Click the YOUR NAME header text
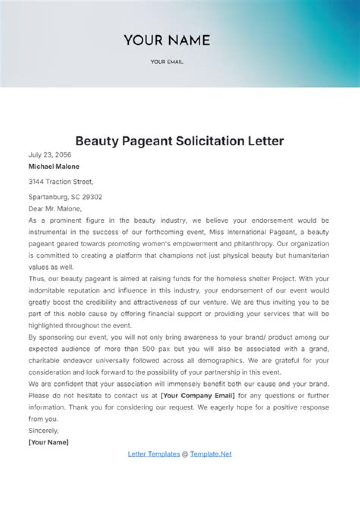[x=167, y=40]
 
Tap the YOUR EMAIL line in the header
[x=167, y=62]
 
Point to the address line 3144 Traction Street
[x=61, y=182]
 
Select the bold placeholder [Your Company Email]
[x=198, y=395]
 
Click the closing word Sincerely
[x=44, y=430]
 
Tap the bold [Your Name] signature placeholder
[x=49, y=442]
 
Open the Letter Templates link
[x=154, y=454]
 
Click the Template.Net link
[x=211, y=454]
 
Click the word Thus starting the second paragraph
[x=36, y=279]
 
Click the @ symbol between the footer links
[x=185, y=454]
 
